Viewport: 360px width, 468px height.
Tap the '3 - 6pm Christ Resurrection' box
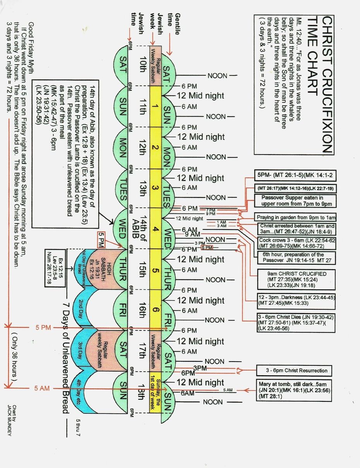coord(297,370)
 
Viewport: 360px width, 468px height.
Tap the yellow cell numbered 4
coord(155,229)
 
